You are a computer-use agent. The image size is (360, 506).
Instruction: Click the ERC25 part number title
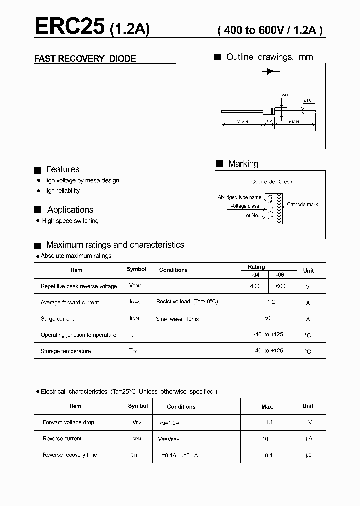click(x=69, y=27)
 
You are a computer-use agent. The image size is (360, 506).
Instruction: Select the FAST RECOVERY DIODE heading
click(x=85, y=59)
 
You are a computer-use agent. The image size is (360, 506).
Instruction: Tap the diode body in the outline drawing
click(x=268, y=111)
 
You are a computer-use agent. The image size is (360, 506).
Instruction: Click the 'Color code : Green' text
click(x=272, y=182)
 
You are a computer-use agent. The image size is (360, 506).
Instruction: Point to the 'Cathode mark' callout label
click(x=302, y=205)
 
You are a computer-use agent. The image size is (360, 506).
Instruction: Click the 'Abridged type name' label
click(x=239, y=197)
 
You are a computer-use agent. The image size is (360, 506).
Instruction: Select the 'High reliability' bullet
click(x=61, y=191)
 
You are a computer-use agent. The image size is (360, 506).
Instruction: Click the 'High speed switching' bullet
click(x=70, y=221)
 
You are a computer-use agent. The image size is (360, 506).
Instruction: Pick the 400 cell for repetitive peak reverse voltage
click(x=255, y=286)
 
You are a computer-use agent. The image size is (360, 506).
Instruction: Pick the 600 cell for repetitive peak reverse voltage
click(x=281, y=286)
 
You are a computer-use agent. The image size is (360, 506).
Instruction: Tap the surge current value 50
click(x=267, y=318)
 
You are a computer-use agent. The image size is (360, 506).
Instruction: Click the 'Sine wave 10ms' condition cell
click(x=177, y=319)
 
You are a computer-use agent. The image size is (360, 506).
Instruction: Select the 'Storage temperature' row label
click(x=66, y=351)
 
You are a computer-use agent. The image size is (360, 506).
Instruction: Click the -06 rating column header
click(x=281, y=275)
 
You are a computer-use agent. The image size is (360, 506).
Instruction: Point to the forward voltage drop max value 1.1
click(x=269, y=422)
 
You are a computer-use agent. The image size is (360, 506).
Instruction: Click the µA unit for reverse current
click(x=308, y=439)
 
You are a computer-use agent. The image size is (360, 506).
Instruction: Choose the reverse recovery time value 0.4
click(x=269, y=455)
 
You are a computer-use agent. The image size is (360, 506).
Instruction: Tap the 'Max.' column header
click(x=267, y=407)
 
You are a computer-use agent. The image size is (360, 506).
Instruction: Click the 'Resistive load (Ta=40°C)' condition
click(x=187, y=302)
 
